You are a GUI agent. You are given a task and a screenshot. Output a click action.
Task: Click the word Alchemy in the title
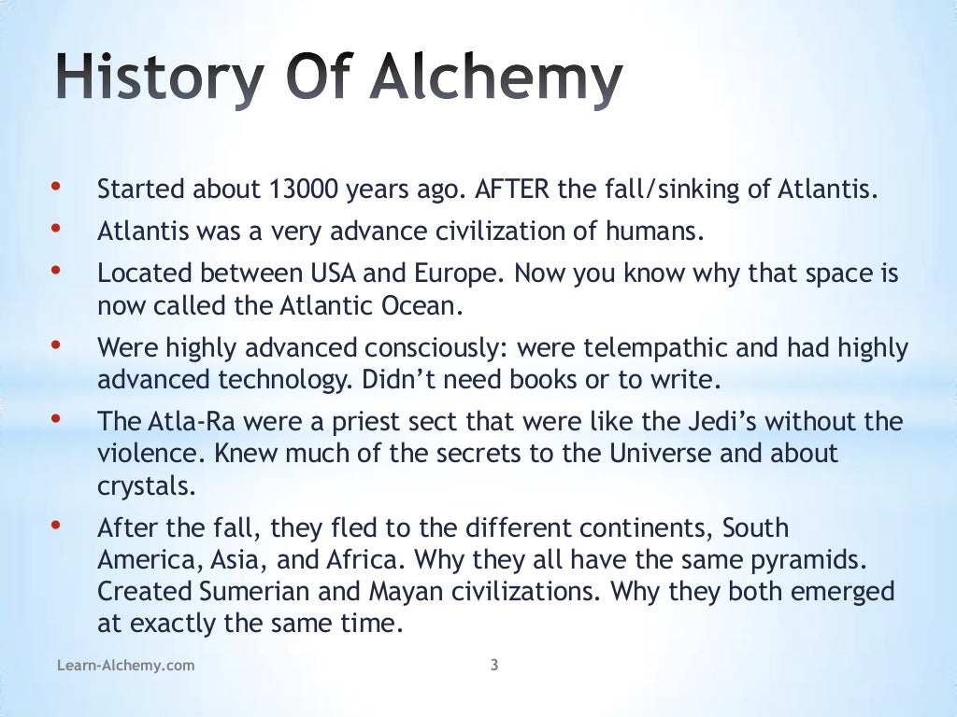click(495, 78)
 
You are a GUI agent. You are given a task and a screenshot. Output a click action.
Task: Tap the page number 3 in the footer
click(493, 666)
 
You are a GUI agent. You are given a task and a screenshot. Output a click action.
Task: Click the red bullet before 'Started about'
click(56, 187)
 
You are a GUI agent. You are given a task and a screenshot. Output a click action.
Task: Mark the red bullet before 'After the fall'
click(56, 526)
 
